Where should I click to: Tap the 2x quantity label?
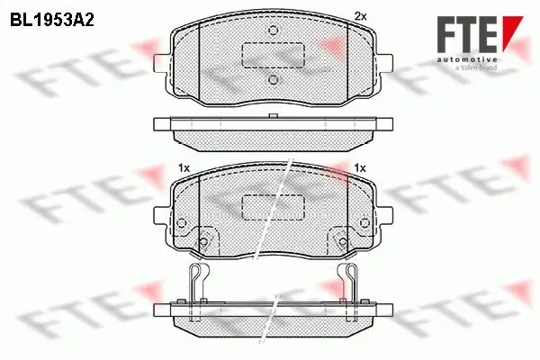(361, 16)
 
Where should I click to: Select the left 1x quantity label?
(184, 167)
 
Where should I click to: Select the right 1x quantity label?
(361, 167)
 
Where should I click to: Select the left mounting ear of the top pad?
(161, 62)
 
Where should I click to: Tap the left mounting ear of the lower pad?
(161, 214)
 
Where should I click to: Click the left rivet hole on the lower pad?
(203, 243)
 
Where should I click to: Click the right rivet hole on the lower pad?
(342, 243)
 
